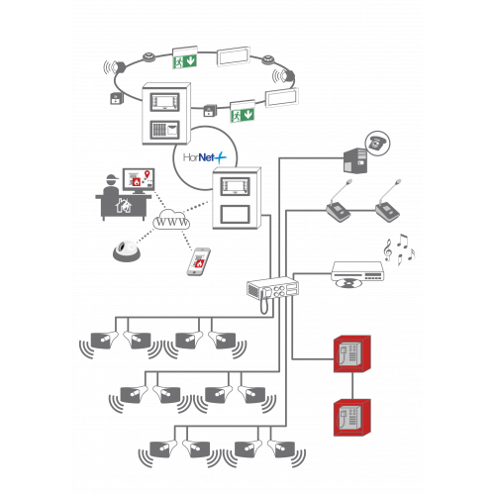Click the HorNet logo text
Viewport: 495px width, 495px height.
coord(205,157)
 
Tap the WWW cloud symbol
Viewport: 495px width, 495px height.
coord(171,220)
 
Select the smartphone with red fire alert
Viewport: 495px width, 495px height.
coord(199,261)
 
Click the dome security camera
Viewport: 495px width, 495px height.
coord(127,251)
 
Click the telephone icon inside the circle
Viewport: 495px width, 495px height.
coord(377,143)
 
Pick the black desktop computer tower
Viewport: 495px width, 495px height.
coord(355,160)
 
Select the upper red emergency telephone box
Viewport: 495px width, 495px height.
coord(352,354)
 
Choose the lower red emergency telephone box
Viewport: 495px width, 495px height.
coord(352,418)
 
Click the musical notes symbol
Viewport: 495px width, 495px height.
coord(399,249)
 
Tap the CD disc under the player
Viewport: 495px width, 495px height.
coord(348,283)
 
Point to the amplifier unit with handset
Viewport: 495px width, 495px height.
coord(273,290)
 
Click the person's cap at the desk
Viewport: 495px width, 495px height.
coord(113,178)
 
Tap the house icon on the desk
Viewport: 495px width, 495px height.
coord(124,206)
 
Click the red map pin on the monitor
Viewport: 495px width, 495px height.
coord(148,174)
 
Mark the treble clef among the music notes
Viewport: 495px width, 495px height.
coord(388,249)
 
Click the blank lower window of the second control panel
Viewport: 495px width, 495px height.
coord(235,214)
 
